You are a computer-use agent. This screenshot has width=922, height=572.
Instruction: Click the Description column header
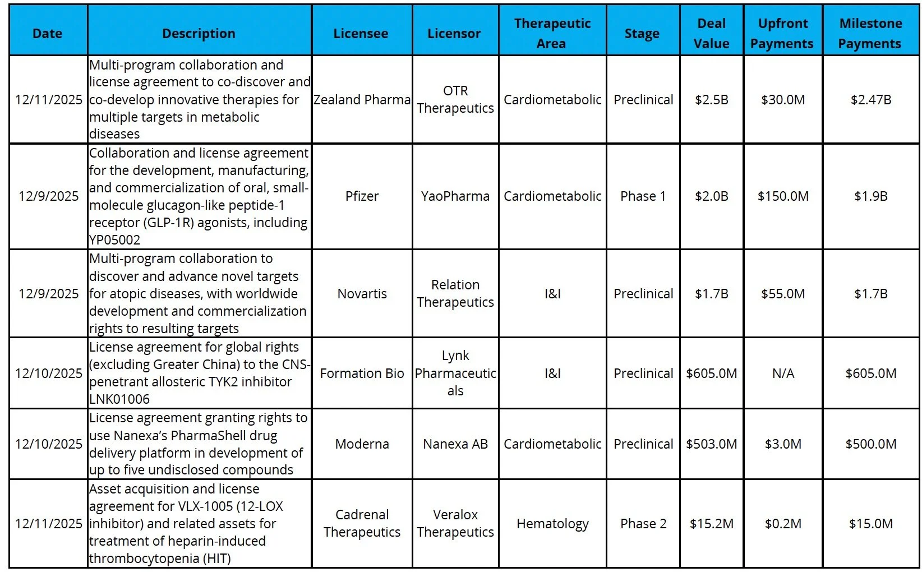(x=199, y=34)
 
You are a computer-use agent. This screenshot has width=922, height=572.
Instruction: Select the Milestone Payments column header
(x=870, y=34)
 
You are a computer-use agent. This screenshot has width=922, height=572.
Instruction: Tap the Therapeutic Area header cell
(x=552, y=34)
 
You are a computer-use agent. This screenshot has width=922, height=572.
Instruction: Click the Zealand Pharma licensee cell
(x=362, y=100)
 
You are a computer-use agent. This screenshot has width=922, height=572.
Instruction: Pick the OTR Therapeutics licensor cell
(x=455, y=100)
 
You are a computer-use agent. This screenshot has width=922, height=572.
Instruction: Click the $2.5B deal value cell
(x=711, y=100)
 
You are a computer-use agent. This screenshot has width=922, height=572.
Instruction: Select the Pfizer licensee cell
(x=362, y=196)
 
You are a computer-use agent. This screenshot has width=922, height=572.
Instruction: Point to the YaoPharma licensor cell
(x=455, y=196)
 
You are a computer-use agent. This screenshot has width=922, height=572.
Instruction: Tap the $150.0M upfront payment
(x=783, y=196)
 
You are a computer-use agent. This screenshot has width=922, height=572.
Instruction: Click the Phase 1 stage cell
(x=643, y=196)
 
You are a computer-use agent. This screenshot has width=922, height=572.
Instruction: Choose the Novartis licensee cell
(x=362, y=294)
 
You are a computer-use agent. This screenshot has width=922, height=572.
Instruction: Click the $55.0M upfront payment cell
(x=783, y=294)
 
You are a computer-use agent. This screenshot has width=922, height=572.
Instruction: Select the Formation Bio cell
(x=362, y=373)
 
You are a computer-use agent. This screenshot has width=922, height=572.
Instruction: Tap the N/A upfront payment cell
(x=783, y=373)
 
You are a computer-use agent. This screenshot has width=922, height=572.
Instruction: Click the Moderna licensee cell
(x=362, y=444)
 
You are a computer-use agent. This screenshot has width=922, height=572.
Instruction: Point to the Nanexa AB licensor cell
(x=455, y=444)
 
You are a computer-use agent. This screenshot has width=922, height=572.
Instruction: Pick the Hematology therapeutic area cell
(x=552, y=524)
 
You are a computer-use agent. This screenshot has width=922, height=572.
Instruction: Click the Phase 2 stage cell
(x=643, y=524)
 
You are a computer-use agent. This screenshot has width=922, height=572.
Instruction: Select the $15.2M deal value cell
(x=711, y=524)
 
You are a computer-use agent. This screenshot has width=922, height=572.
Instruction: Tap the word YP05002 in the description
(x=115, y=240)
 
